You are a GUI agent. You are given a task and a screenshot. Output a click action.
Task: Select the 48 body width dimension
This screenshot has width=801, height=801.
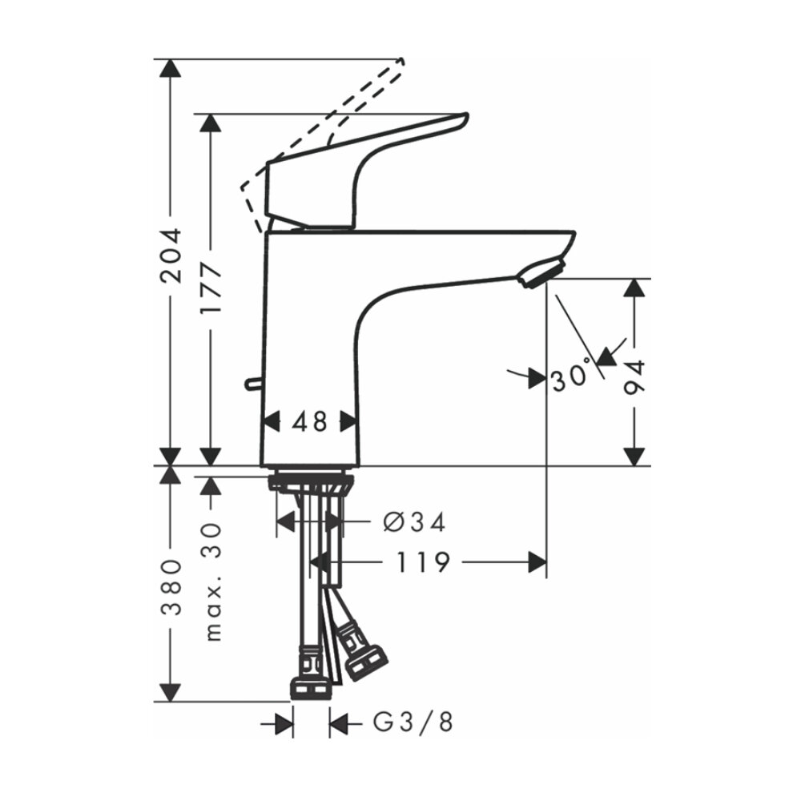[310, 421]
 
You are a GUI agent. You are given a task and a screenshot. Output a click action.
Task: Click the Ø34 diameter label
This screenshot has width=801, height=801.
[414, 522]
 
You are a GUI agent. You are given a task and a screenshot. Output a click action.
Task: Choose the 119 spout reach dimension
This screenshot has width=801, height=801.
[422, 563]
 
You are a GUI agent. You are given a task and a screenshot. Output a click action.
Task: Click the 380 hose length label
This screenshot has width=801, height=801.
[171, 587]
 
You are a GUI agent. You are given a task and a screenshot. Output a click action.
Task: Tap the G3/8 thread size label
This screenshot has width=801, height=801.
[413, 723]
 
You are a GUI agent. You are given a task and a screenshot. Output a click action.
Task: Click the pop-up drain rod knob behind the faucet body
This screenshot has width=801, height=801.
[252, 384]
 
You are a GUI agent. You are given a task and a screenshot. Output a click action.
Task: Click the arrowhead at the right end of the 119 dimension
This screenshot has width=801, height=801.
[537, 563]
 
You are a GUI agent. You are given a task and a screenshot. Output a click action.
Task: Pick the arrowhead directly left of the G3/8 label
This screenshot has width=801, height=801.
[339, 724]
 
